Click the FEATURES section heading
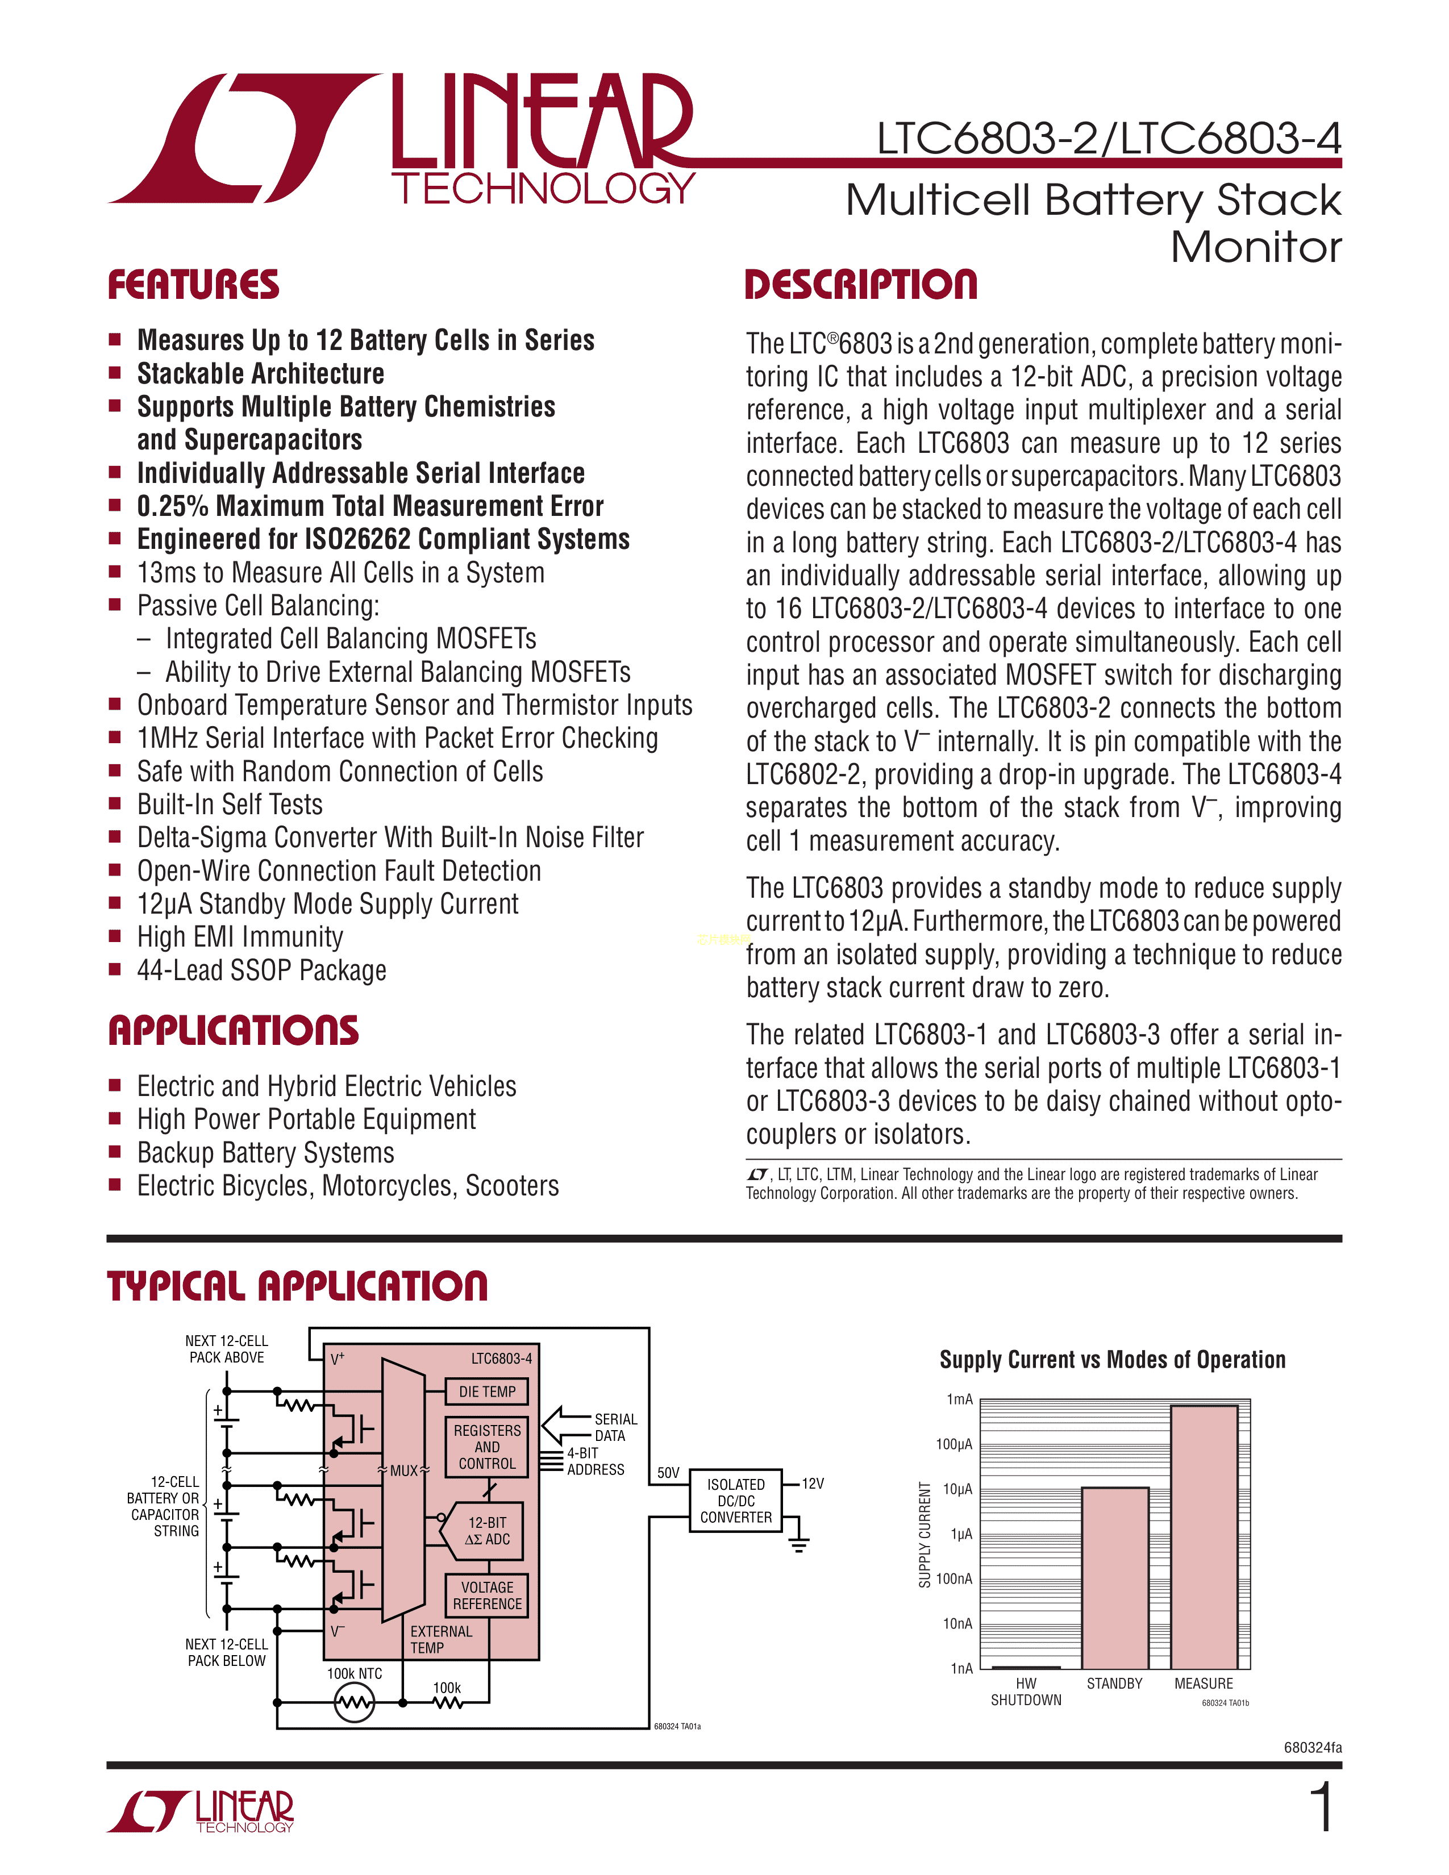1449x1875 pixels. (x=193, y=285)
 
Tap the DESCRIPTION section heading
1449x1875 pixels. (x=861, y=285)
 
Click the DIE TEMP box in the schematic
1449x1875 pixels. (x=487, y=1391)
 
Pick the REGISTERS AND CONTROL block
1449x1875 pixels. (x=487, y=1447)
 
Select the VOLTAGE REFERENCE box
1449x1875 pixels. (x=487, y=1595)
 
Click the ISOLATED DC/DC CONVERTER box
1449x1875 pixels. (x=736, y=1501)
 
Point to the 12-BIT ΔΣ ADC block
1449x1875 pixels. (x=481, y=1531)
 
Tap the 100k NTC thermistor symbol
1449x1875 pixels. (x=353, y=1702)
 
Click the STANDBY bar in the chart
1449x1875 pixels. (x=1114, y=1578)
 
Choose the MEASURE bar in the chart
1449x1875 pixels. (x=1204, y=1537)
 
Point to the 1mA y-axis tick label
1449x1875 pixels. (x=960, y=1399)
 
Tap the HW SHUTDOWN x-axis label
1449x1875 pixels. (x=1026, y=1691)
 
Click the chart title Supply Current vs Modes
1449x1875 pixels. (x=1113, y=1360)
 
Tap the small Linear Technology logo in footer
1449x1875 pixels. (x=201, y=1811)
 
